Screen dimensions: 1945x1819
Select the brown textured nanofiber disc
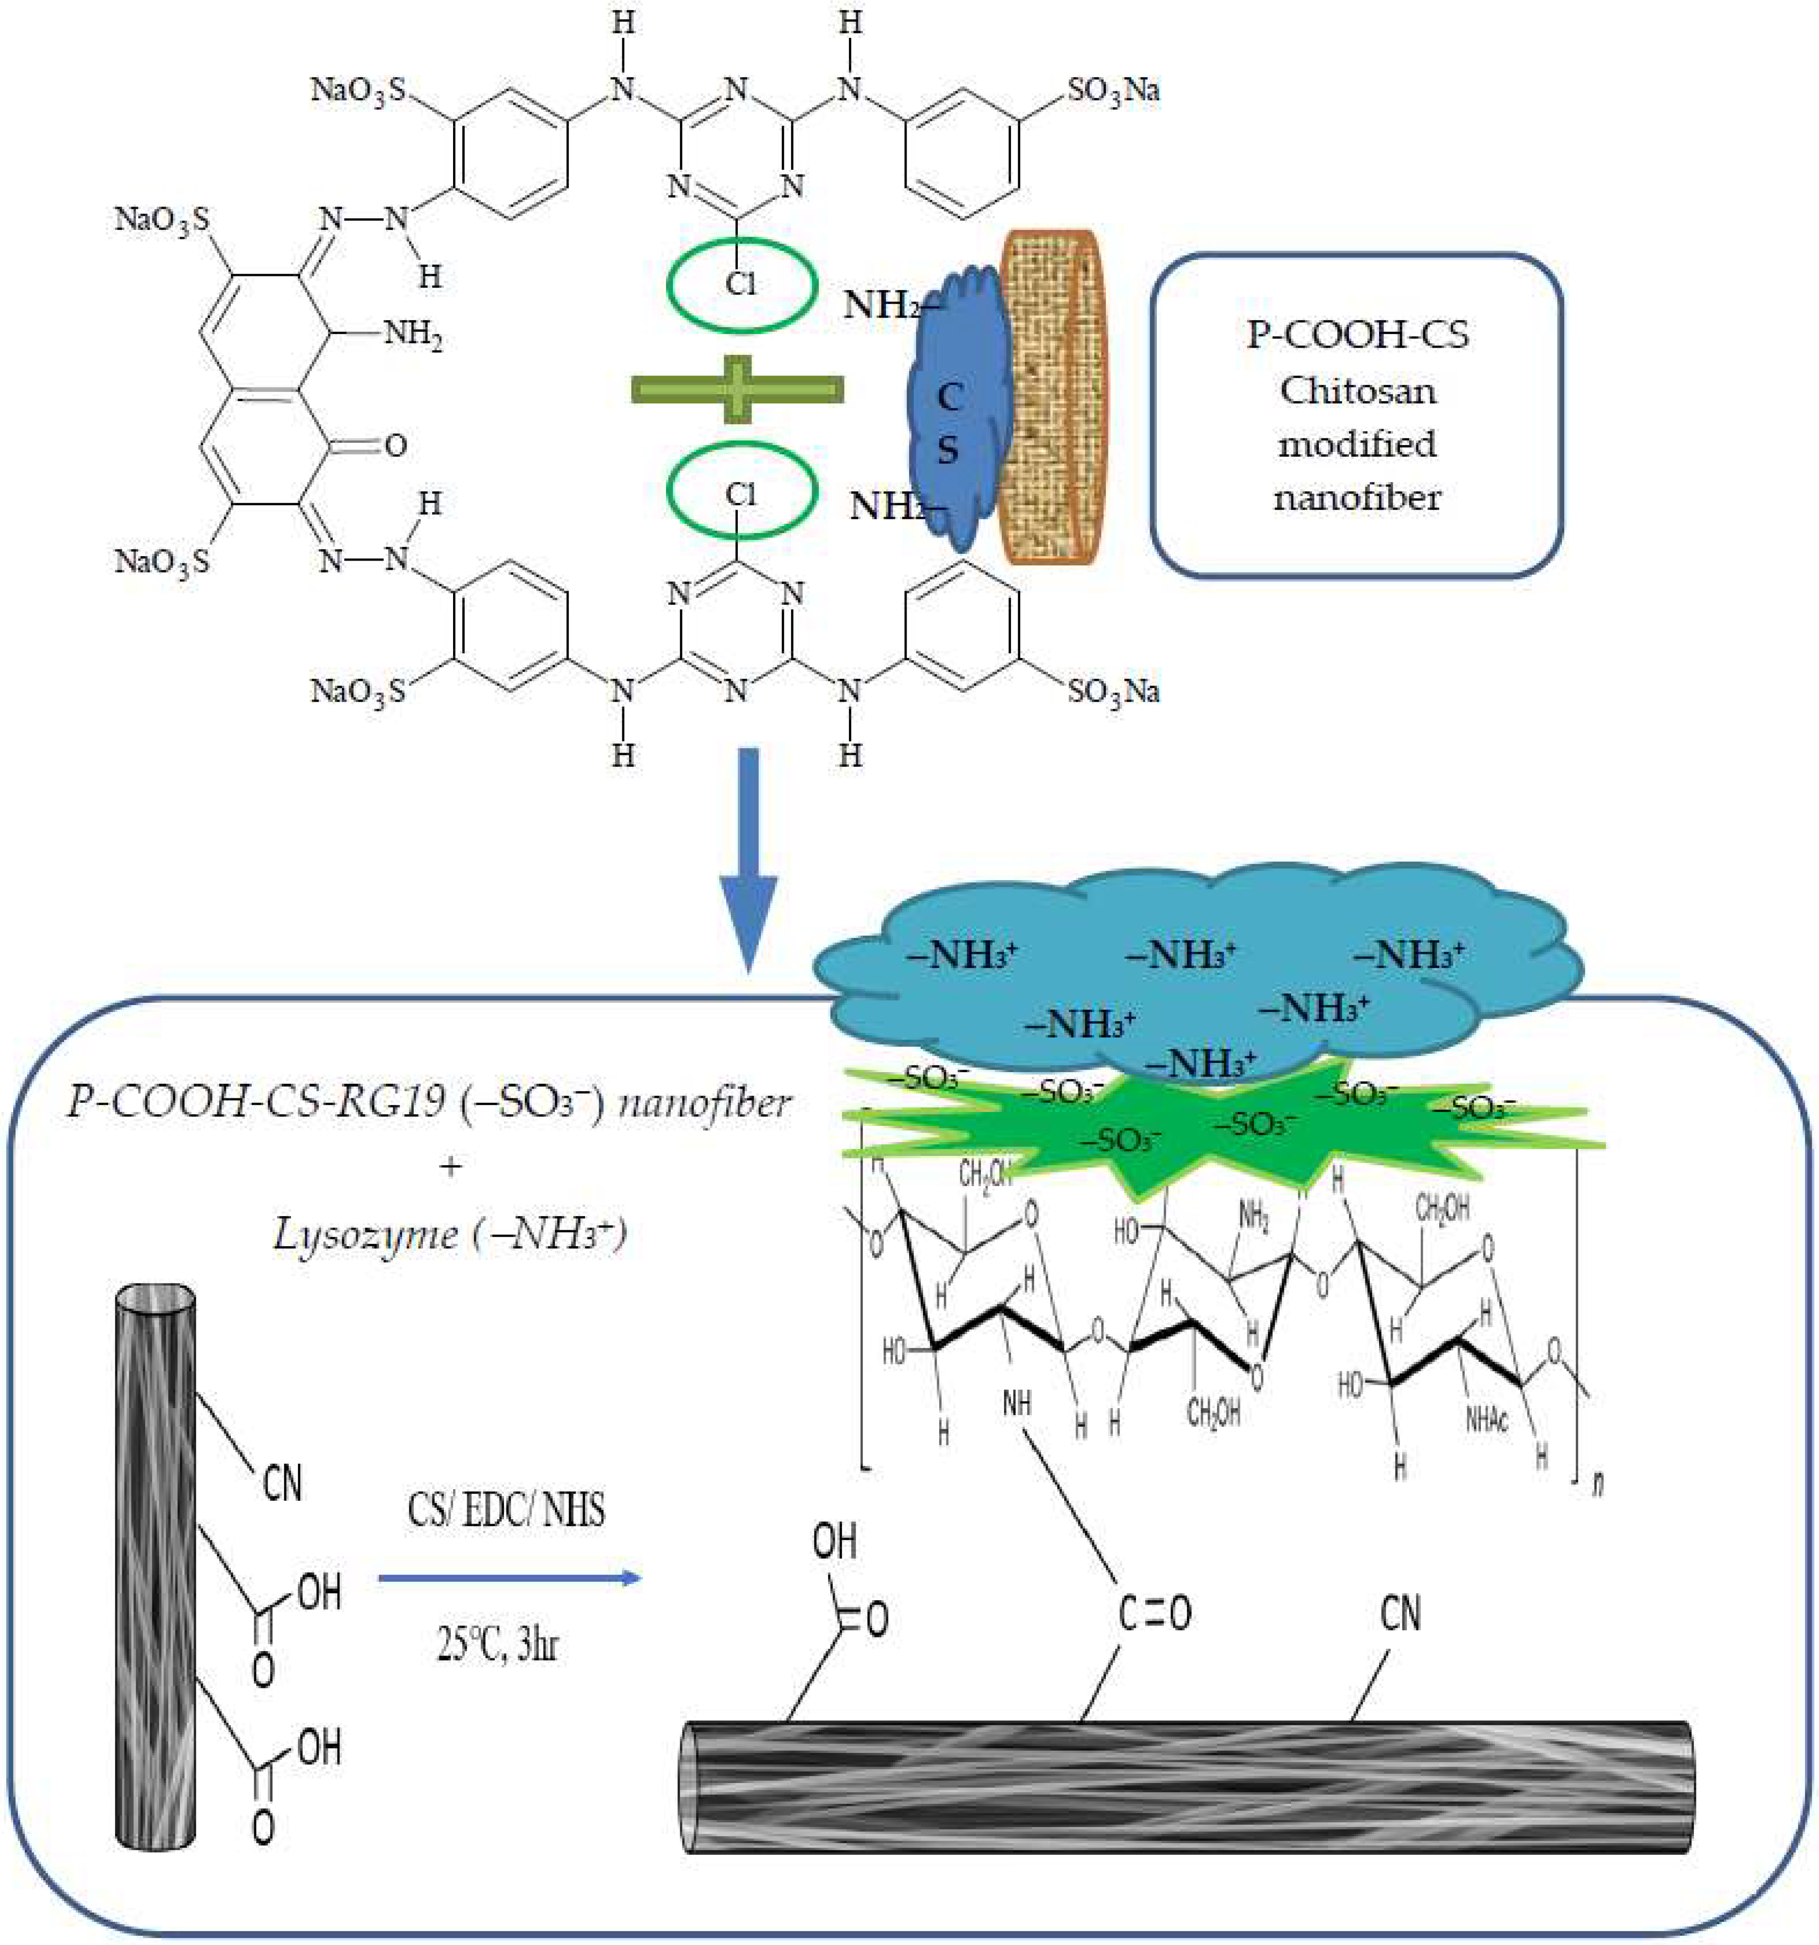pos(1052,396)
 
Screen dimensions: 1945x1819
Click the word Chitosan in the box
pos(1357,390)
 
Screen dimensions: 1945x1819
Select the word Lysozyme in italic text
pos(365,1235)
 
